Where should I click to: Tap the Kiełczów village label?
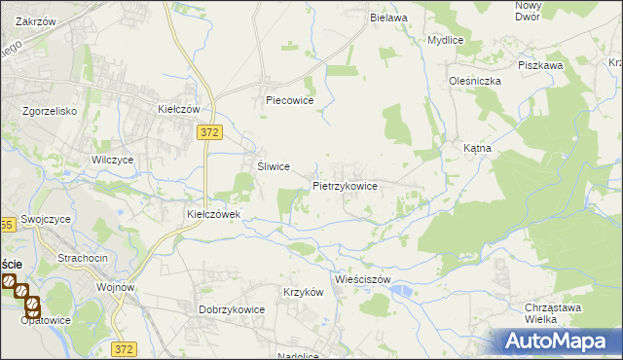coord(179,110)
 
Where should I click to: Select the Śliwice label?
coord(274,166)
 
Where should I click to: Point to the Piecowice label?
coord(288,99)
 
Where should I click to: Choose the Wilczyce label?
coord(112,160)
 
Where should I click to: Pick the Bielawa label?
coord(387,18)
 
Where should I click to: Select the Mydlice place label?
coord(445,41)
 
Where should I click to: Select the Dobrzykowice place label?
coord(233,309)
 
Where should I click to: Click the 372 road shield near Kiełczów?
coord(206,132)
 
